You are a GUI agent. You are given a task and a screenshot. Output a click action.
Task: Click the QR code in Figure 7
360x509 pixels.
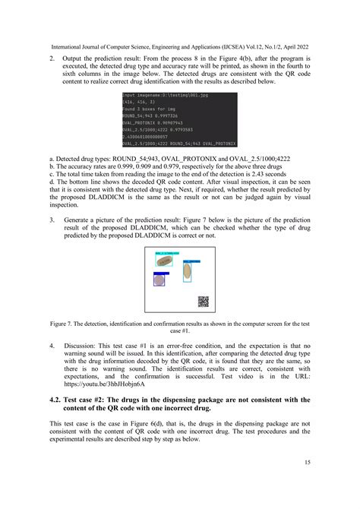pyautogui.click(x=203, y=302)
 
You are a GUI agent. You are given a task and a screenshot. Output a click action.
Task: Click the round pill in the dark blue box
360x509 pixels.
pyautogui.click(x=159, y=280)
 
